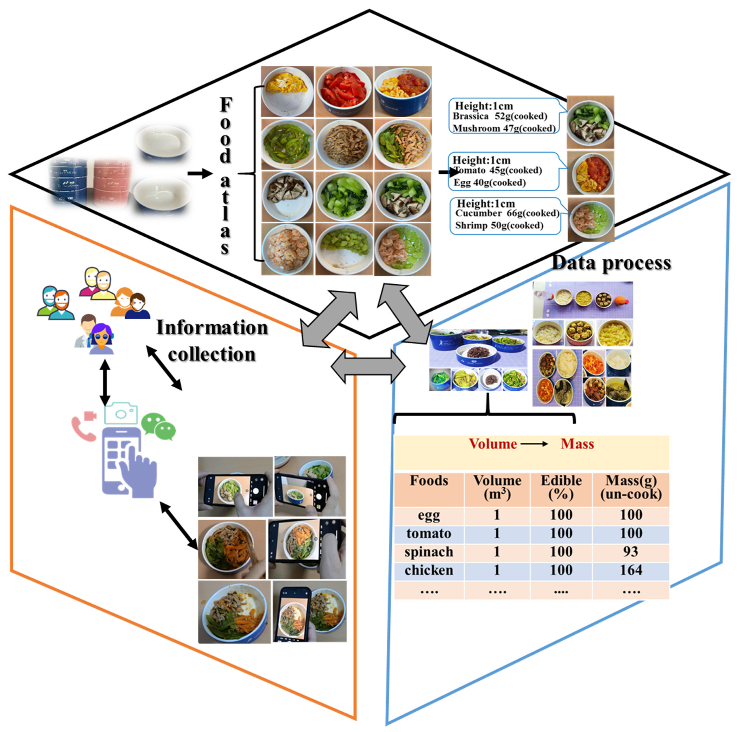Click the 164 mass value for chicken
point(631,570)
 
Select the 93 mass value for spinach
point(631,552)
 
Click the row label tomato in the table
point(429,533)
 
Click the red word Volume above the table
point(493,444)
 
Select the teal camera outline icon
point(121,413)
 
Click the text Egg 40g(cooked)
point(489,183)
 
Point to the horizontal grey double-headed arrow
point(368,366)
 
